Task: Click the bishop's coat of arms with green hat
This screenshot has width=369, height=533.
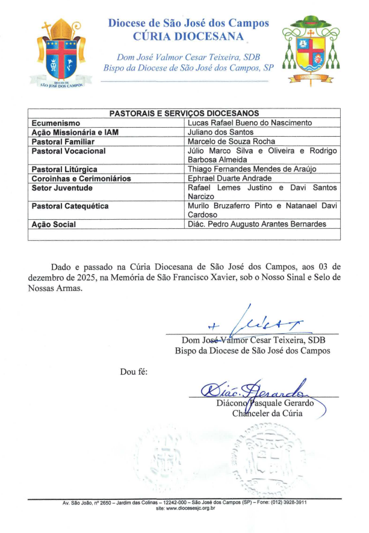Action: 308,51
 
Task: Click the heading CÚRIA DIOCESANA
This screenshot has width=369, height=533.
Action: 188,36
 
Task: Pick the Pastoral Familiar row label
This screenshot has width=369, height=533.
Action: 61,142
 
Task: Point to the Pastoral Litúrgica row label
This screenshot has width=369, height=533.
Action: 64,170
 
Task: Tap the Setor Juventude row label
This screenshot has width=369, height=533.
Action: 62,188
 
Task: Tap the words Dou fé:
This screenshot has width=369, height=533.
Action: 134,372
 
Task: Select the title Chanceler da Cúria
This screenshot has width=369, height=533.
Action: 267,413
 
